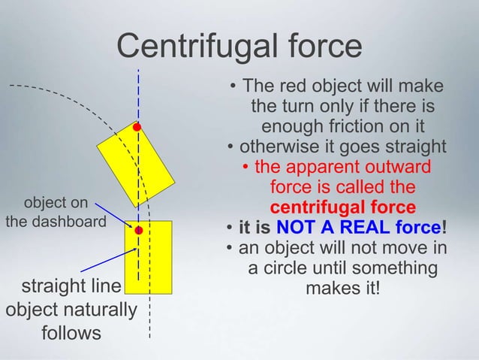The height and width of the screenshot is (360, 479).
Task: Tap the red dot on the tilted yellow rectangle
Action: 137,128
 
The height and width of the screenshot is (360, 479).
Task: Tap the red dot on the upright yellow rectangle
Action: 138,231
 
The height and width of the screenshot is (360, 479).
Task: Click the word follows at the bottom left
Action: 71,332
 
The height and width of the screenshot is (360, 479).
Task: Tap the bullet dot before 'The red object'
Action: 235,84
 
